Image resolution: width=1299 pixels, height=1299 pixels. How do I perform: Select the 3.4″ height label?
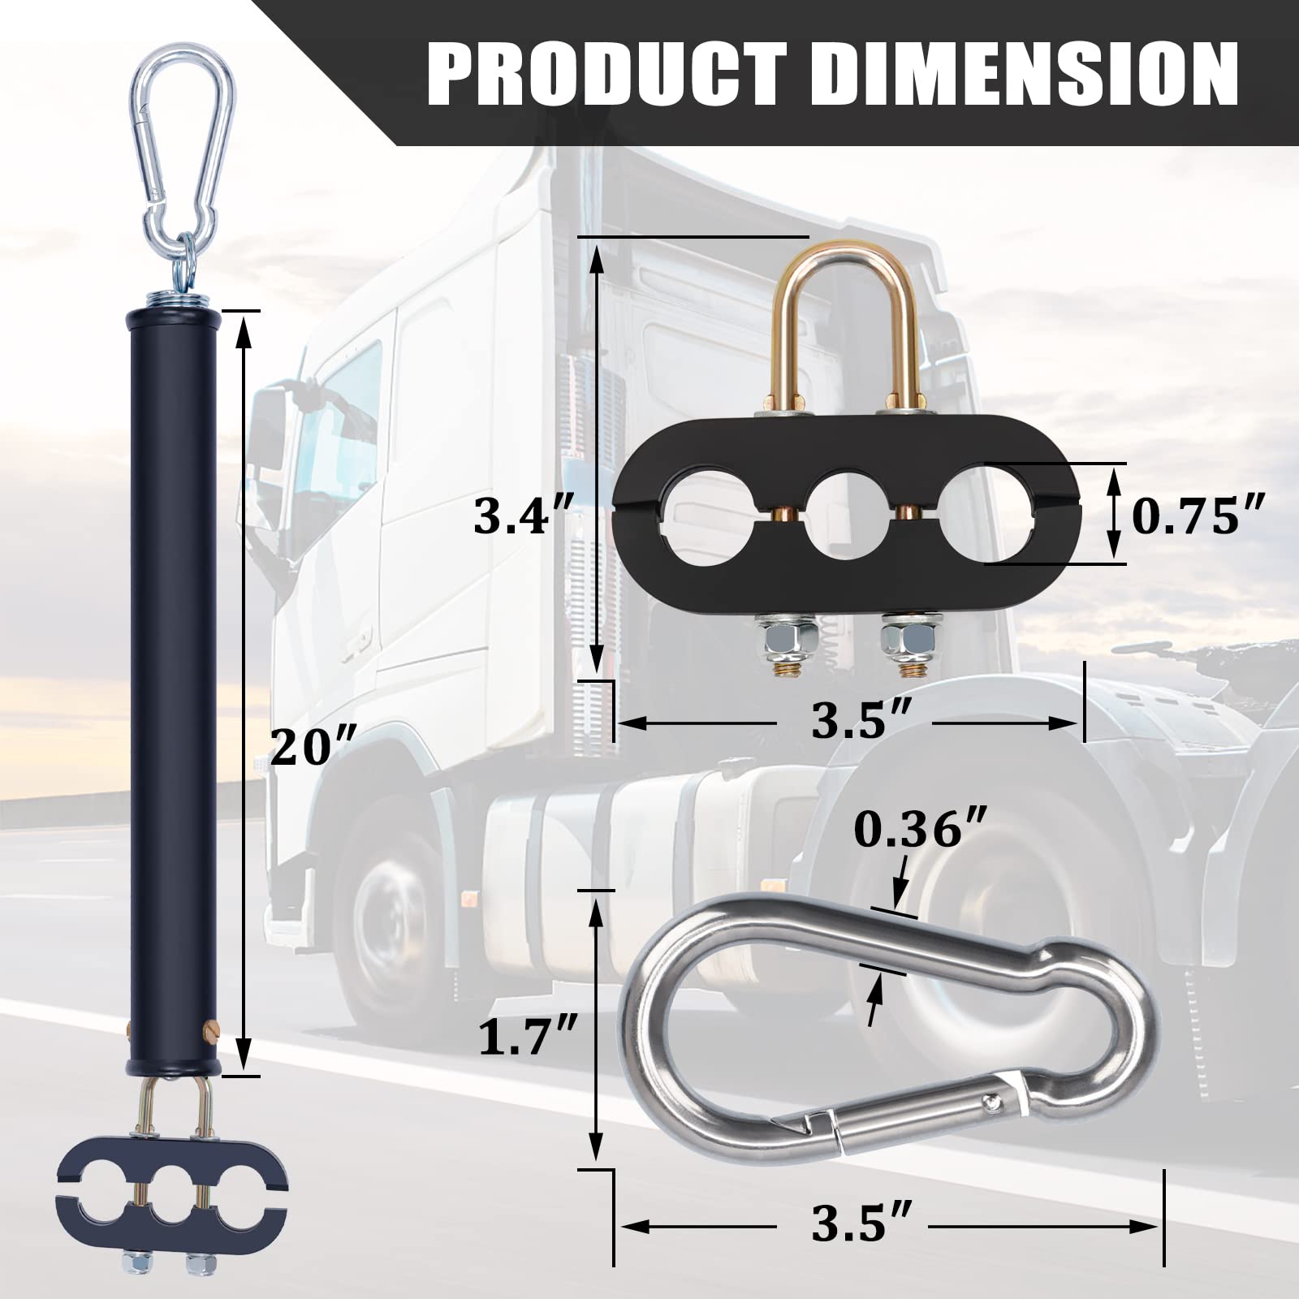point(524,516)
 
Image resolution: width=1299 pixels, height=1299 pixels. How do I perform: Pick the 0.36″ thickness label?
point(921,830)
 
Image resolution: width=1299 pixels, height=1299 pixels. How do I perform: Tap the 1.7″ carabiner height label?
point(528,1037)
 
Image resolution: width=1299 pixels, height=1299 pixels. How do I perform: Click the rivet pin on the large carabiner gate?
point(991,1102)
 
